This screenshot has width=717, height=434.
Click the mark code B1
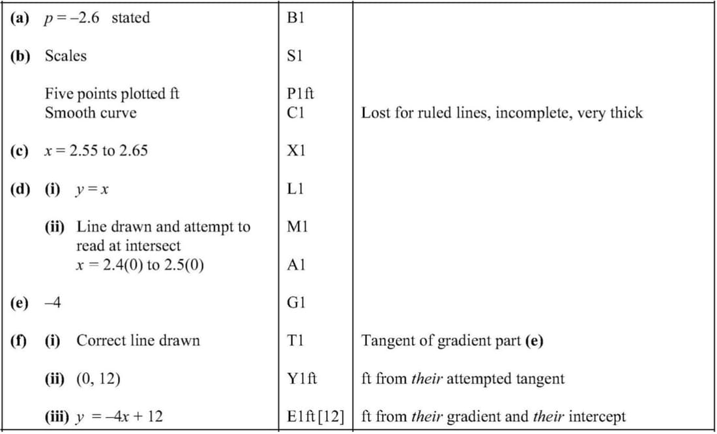(295, 18)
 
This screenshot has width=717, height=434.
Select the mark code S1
(295, 56)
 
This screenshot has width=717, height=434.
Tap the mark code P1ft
(300, 94)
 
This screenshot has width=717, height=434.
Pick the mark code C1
(295, 113)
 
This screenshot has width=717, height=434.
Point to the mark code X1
(297, 151)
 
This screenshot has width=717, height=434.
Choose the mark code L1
(295, 189)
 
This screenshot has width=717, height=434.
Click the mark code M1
(297, 227)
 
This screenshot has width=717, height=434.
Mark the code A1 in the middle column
(296, 265)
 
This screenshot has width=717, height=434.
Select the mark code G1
(296, 303)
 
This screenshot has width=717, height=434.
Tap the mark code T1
(295, 341)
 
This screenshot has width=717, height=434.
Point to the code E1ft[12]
(315, 416)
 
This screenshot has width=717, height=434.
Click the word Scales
(65, 56)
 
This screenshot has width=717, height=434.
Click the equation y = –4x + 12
(119, 416)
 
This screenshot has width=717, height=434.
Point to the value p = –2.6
(72, 18)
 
